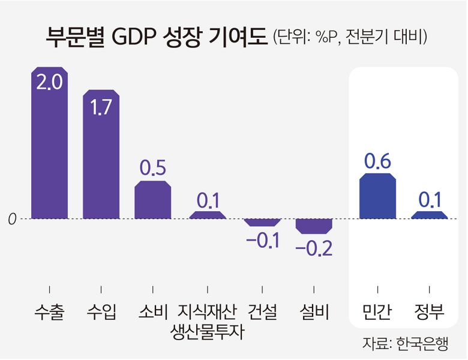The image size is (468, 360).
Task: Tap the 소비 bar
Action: pyautogui.click(x=152, y=200)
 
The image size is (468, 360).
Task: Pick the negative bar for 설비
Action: pyautogui.click(x=314, y=226)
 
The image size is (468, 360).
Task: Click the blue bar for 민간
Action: pyautogui.click(x=377, y=197)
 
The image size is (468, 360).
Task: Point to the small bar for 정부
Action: pyautogui.click(x=429, y=215)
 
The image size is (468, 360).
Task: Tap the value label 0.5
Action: pyautogui.click(x=152, y=169)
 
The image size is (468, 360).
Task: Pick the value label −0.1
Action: pyautogui.click(x=263, y=241)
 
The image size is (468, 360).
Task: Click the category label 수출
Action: pyautogui.click(x=49, y=311)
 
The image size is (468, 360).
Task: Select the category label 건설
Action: pyautogui.click(x=263, y=311)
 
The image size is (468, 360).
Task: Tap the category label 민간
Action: pyautogui.click(x=377, y=311)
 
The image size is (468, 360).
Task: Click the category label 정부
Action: pyautogui.click(x=429, y=311)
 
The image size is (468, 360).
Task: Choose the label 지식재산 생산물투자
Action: pyautogui.click(x=208, y=320)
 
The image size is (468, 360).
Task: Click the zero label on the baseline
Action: pyautogui.click(x=11, y=220)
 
